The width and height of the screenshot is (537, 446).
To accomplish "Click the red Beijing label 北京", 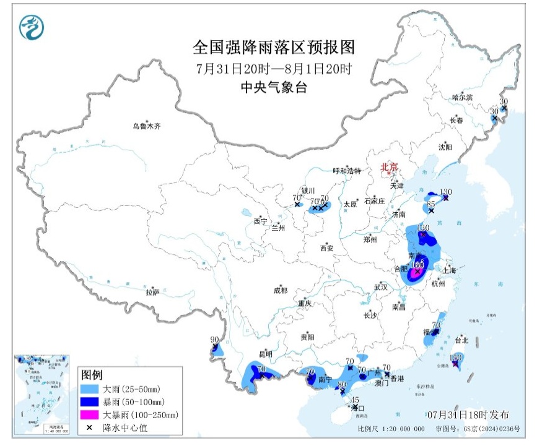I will point(388,166).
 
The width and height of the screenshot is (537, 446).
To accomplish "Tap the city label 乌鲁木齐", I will point(146,126).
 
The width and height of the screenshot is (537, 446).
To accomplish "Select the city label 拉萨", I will point(152,291).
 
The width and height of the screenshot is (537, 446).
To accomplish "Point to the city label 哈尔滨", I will point(461,97).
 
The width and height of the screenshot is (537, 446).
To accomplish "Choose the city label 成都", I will point(280,290).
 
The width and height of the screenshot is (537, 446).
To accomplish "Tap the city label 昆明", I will point(266,354).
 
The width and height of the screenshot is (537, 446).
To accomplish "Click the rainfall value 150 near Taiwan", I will point(456,357).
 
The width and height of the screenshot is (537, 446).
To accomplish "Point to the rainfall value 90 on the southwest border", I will point(215,340).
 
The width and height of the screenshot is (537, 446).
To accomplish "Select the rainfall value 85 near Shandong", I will point(431,204).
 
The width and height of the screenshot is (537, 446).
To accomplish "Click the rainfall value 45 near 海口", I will point(355,400).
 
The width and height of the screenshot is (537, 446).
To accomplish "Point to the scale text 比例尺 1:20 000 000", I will point(391,429).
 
